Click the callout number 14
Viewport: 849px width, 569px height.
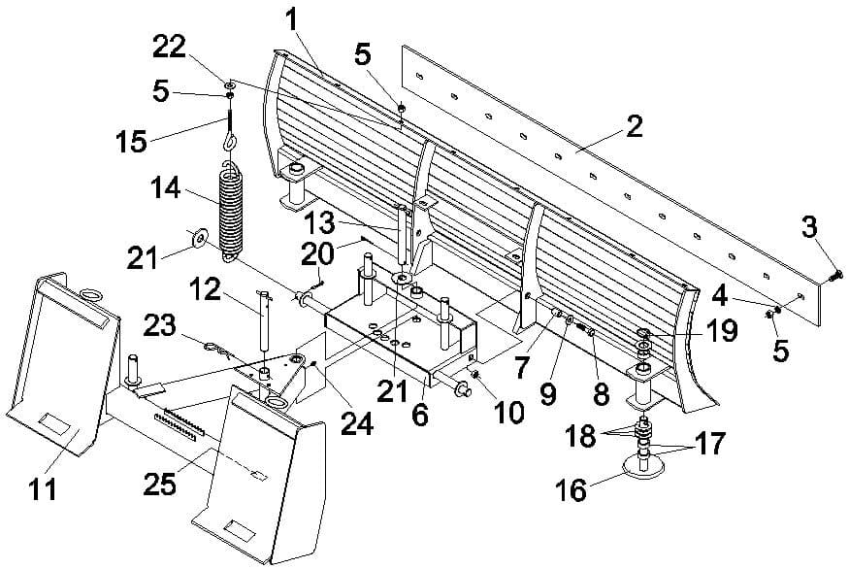tap(166, 188)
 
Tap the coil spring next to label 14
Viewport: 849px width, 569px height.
tap(232, 212)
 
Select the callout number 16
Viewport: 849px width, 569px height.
tap(571, 490)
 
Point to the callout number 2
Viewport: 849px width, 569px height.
tap(633, 125)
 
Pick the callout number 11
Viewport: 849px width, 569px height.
tap(43, 489)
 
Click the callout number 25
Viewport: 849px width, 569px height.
tap(160, 484)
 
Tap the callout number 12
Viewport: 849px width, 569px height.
tap(206, 290)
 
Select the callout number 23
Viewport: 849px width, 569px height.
tap(160, 326)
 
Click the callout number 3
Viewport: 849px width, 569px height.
tap(809, 227)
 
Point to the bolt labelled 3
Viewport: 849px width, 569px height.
tap(834, 276)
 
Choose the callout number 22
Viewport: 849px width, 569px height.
tap(170, 48)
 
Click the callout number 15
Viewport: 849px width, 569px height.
tap(131, 142)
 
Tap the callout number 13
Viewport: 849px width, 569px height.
tap(319, 222)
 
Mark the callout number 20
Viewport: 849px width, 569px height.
tap(316, 254)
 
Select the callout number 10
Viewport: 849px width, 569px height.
tap(508, 413)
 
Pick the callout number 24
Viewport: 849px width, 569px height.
tap(357, 424)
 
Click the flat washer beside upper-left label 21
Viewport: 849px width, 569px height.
tap(199, 238)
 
